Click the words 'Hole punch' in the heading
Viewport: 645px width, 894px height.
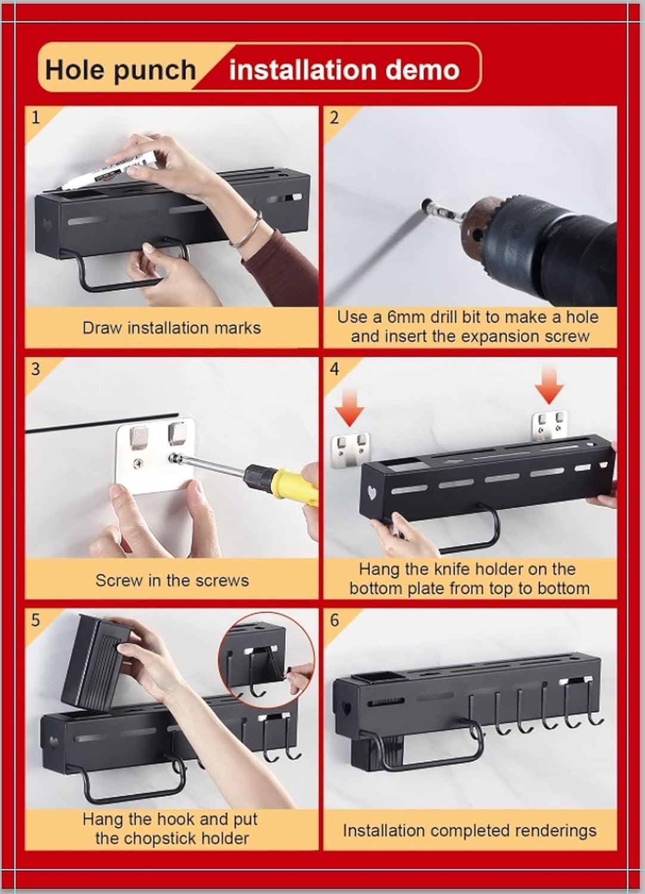(120, 70)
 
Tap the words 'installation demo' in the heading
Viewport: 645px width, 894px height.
(344, 70)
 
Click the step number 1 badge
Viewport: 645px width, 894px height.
(36, 117)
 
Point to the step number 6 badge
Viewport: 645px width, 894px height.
(334, 620)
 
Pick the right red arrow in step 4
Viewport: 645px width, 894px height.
(549, 383)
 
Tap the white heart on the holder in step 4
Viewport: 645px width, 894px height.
(372, 494)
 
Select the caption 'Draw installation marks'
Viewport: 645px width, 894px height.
(172, 328)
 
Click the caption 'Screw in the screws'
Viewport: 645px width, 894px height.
(172, 581)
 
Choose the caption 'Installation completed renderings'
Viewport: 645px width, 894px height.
(469, 831)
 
